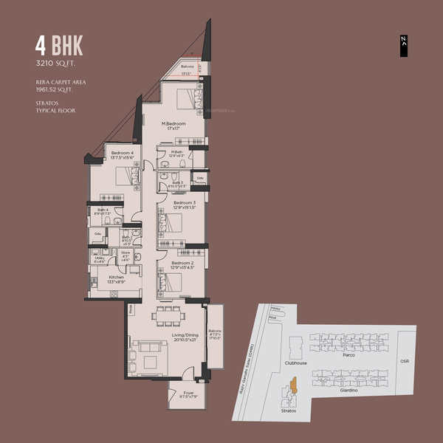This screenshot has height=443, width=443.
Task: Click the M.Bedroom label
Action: pyautogui.click(x=175, y=125)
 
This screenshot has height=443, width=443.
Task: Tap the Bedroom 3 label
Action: pyautogui.click(x=184, y=205)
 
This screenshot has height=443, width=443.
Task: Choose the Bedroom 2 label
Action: pyautogui.click(x=182, y=265)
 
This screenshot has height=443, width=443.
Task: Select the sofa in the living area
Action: pyautogui.click(x=149, y=348)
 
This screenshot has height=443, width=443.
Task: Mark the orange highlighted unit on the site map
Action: pyautogui.click(x=293, y=385)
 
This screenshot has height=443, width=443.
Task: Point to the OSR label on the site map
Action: pyautogui.click(x=404, y=362)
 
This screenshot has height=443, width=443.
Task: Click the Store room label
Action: pyautogui.click(x=125, y=255)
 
